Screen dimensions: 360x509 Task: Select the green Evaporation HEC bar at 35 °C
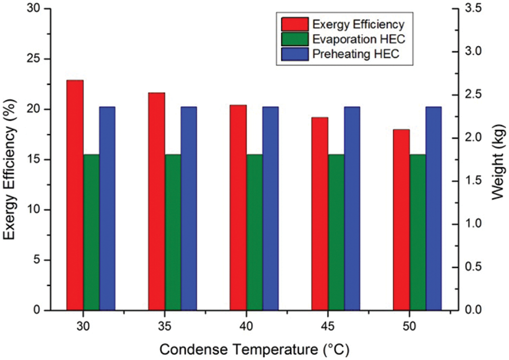[173, 232]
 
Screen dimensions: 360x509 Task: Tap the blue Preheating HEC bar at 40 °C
[270, 208]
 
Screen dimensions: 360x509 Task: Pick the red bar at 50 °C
[401, 219]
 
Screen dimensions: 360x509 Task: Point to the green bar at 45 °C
[336, 232]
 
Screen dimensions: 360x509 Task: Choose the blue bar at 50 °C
[433, 208]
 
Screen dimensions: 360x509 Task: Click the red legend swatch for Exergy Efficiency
[294, 25]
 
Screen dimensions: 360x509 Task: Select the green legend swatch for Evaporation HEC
[294, 39]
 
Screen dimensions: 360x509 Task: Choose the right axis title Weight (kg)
[500, 159]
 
